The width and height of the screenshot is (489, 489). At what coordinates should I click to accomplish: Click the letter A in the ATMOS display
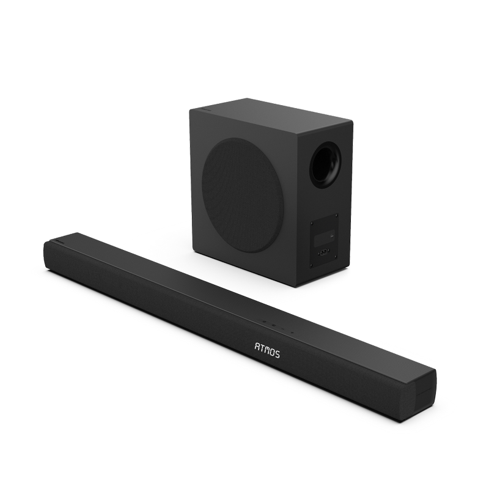(x=257, y=347)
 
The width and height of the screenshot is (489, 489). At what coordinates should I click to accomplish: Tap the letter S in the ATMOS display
(x=277, y=354)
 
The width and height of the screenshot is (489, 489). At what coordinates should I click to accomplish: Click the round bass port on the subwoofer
(x=325, y=165)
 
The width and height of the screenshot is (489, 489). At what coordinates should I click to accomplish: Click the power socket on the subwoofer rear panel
(x=324, y=252)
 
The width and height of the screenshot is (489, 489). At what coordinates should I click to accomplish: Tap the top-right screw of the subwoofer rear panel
(x=337, y=215)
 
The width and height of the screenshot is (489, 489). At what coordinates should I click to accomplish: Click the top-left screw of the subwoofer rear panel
(x=311, y=223)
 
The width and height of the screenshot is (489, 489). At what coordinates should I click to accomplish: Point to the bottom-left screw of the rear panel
(x=311, y=266)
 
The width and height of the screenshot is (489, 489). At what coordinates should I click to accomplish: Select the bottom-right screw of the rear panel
(x=336, y=257)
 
